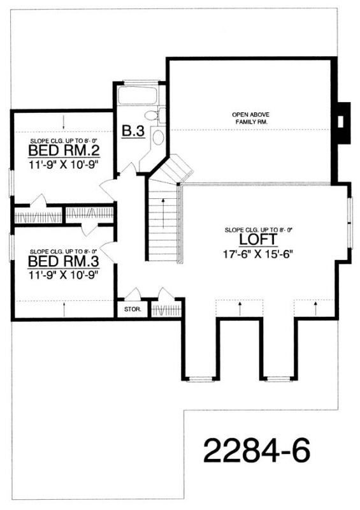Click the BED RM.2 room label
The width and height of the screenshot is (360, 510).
(64, 151)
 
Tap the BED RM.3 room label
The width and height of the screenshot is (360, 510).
(64, 261)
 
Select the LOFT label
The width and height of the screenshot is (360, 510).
(259, 240)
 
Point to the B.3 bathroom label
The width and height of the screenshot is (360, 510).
(133, 131)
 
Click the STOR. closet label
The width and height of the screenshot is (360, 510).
(133, 309)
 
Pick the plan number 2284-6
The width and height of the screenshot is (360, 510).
(257, 451)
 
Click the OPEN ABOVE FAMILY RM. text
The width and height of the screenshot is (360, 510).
(251, 119)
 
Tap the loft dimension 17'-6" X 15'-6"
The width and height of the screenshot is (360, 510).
(259, 254)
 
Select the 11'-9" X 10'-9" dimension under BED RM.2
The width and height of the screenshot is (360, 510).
(64, 164)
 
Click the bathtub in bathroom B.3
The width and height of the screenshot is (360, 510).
(137, 95)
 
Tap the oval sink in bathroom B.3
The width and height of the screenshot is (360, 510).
(158, 138)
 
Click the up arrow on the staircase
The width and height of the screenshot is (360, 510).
(163, 213)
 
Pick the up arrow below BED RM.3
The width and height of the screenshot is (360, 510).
(64, 309)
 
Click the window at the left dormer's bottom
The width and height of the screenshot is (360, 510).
(200, 379)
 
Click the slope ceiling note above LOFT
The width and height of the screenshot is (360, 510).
(259, 230)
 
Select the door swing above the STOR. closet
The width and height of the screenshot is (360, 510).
(133, 294)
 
